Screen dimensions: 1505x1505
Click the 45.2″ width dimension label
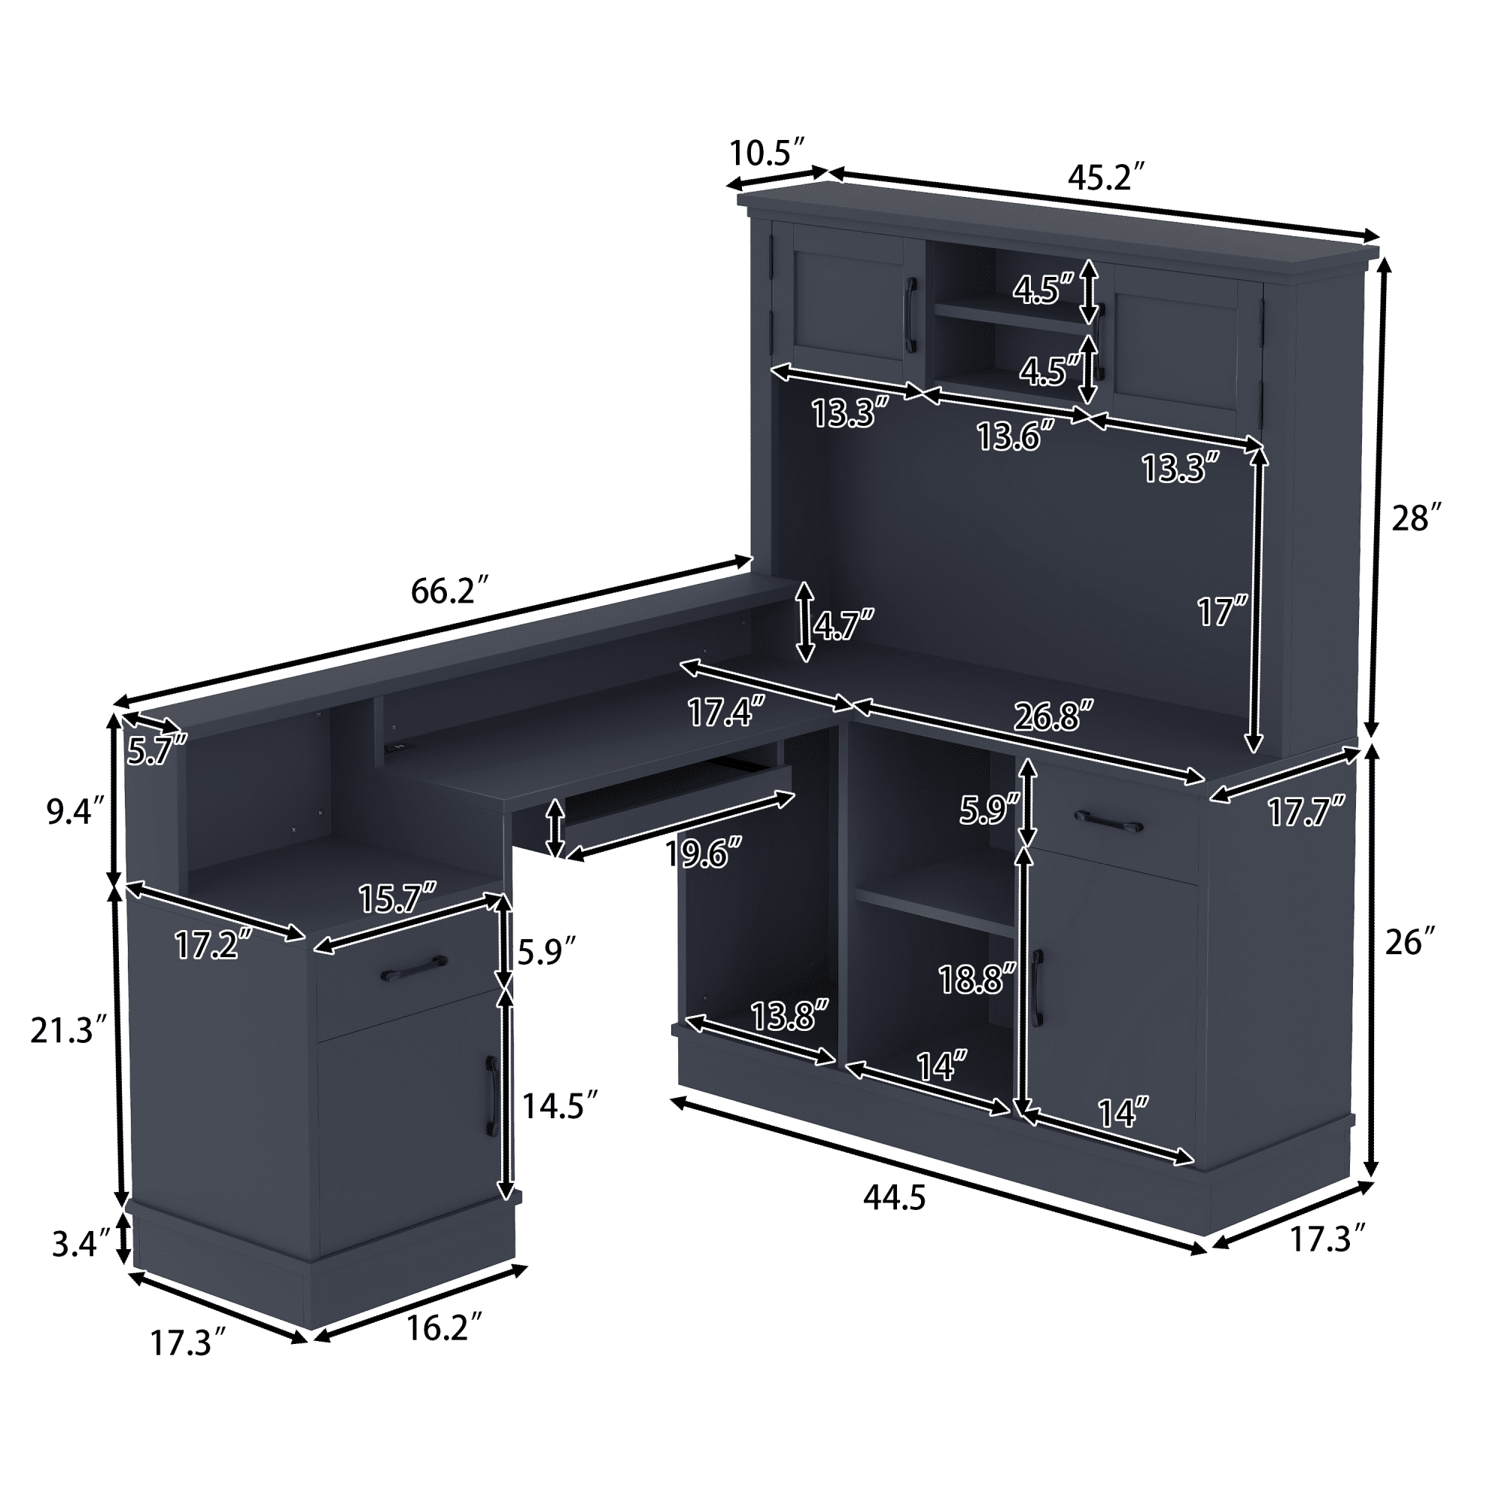(x=1106, y=178)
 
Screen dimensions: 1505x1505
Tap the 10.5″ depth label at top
(x=767, y=153)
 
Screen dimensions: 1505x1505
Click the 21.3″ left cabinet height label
(x=68, y=1031)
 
